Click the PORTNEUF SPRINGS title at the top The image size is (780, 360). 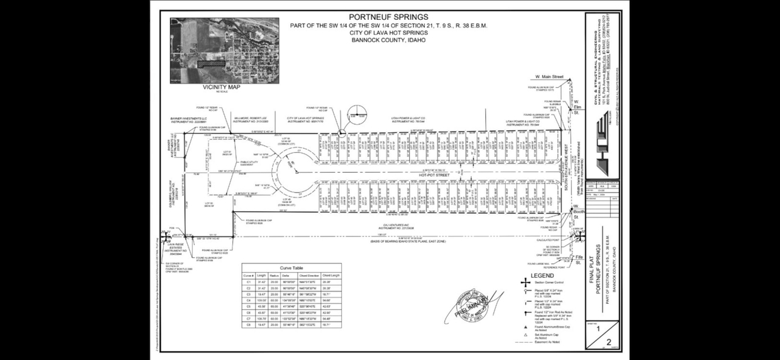point(388,16)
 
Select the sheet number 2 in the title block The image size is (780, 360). point(607,341)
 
